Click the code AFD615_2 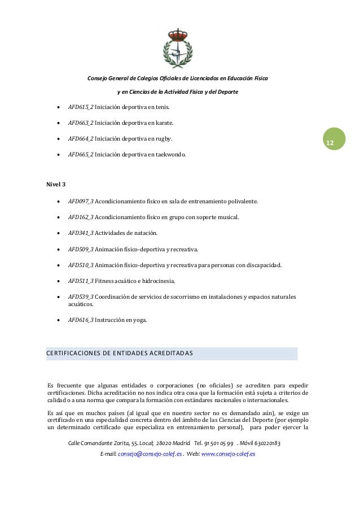click(81, 107)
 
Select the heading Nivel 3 click(56, 185)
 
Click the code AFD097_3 click(81, 201)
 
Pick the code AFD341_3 click(81, 233)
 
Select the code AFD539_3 click(81, 297)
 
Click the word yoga click(139, 320)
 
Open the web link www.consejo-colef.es click(228, 454)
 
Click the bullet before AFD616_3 click(59, 320)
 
